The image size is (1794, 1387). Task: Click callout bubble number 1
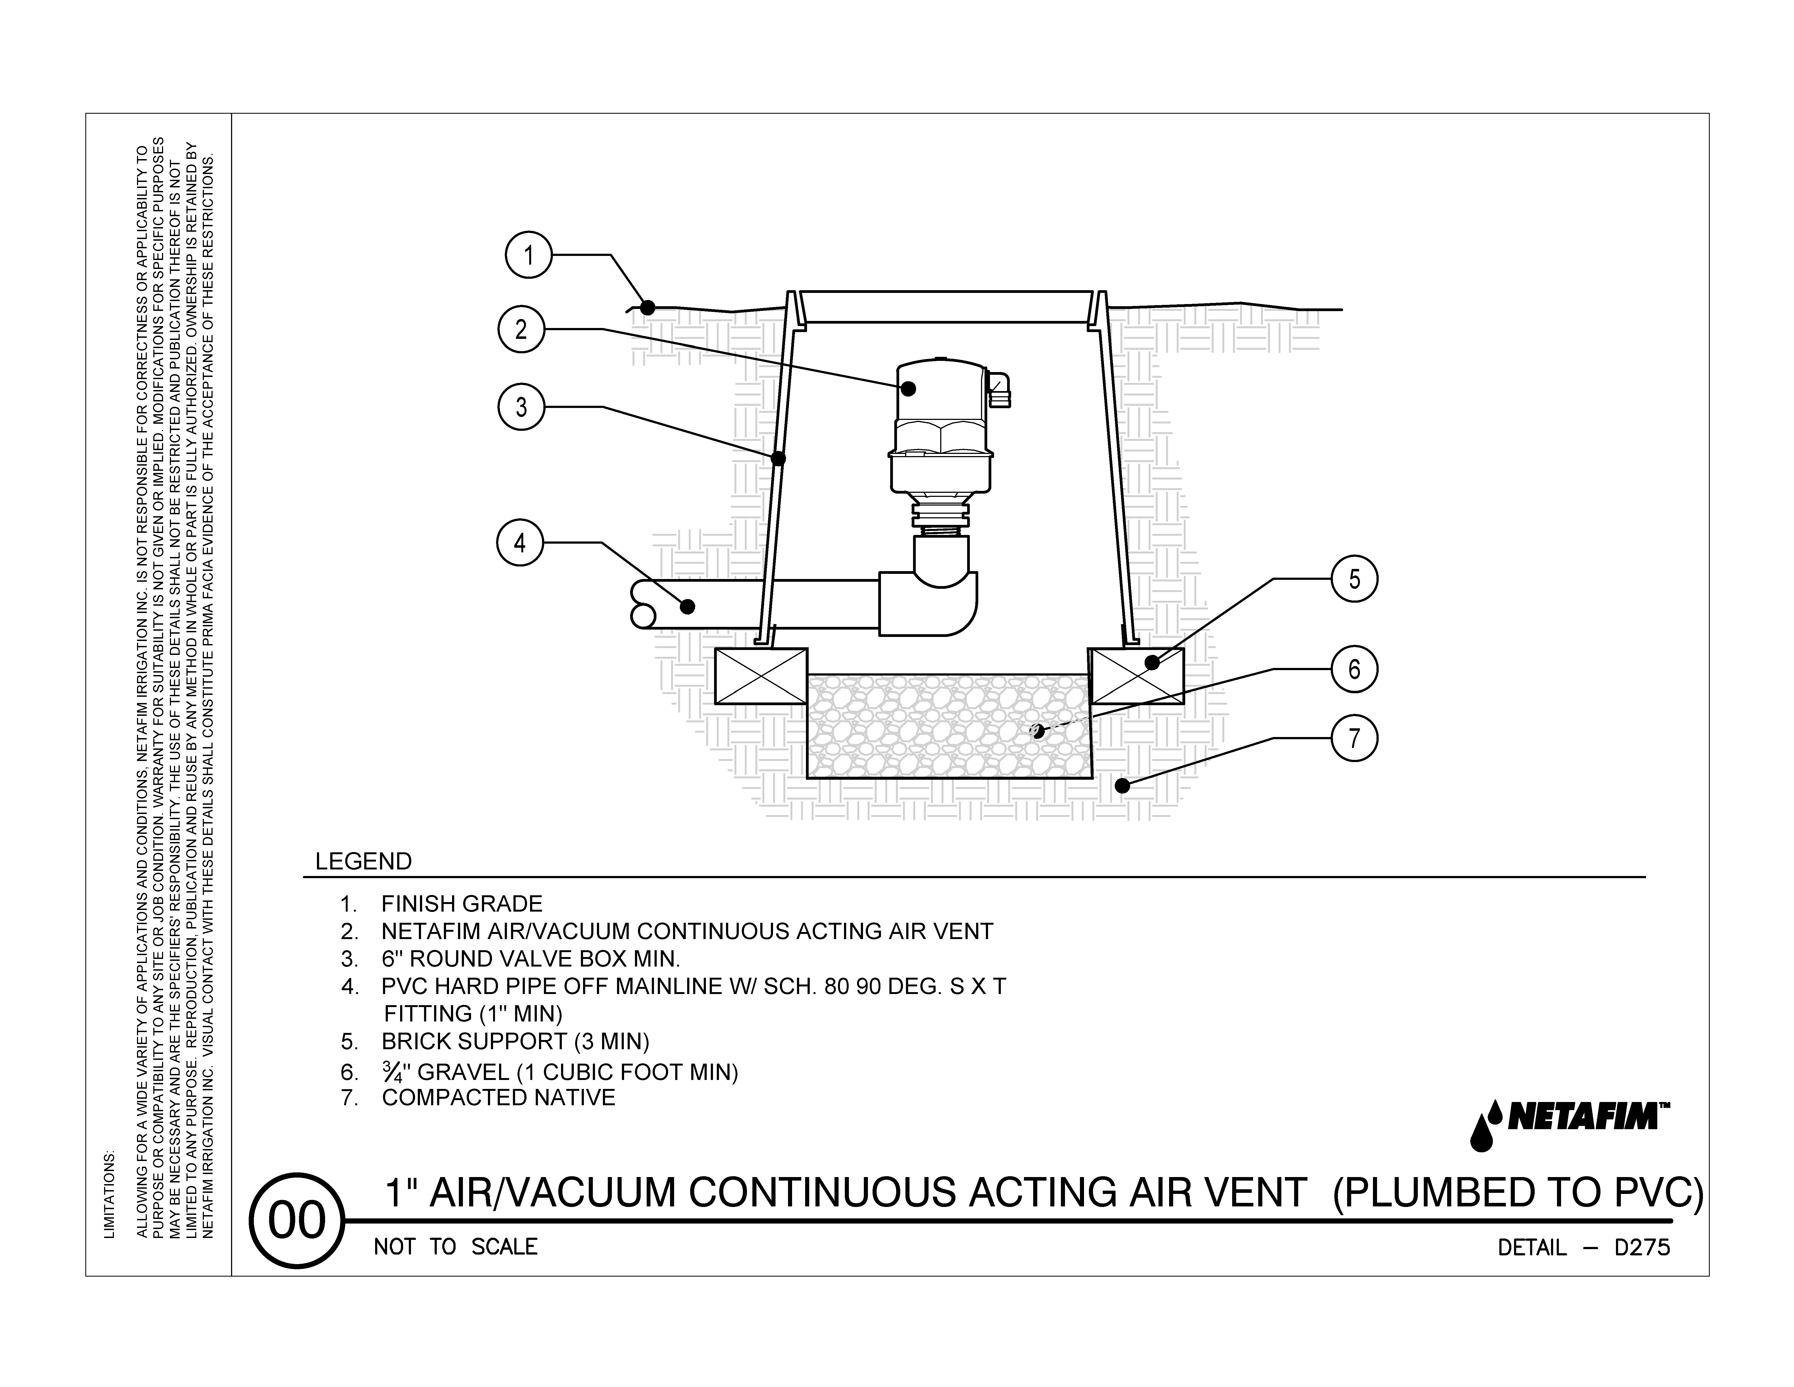(x=528, y=256)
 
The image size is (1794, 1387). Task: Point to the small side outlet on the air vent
(x=999, y=389)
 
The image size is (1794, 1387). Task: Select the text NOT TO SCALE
(x=455, y=1247)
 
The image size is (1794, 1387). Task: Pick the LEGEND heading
(x=363, y=862)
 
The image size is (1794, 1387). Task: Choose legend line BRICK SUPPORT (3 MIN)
(x=515, y=1042)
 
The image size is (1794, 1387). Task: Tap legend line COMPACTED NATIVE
(x=498, y=1098)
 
